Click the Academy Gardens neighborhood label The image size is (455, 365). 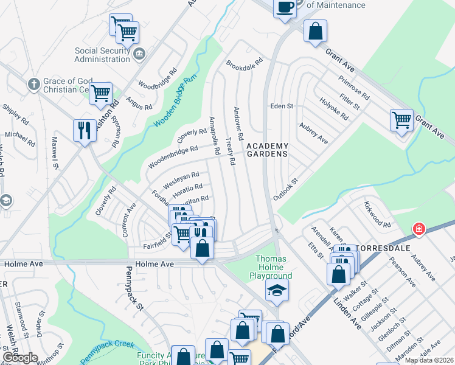pyautogui.click(x=266, y=150)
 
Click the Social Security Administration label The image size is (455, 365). pyautogui.click(x=103, y=55)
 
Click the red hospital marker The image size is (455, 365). pyautogui.click(x=419, y=229)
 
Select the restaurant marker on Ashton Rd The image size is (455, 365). pyautogui.click(x=84, y=130)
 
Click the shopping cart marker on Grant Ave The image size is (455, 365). pyautogui.click(x=401, y=120)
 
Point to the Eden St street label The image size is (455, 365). pyautogui.click(x=282, y=106)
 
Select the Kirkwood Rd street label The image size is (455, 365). pyautogui.click(x=377, y=214)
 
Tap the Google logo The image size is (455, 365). pyautogui.click(x=21, y=357)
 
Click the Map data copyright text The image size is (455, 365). pyautogui.click(x=428, y=360)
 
